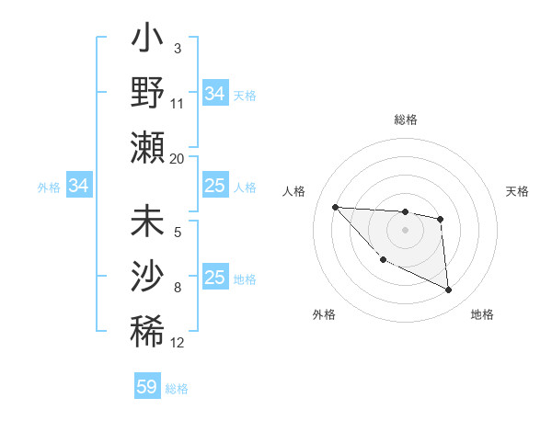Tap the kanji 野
coord(147,94)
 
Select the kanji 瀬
coord(147,148)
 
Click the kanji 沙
coord(147,275)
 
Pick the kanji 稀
coord(147,329)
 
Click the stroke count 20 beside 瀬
coord(178,158)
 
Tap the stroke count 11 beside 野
coord(178,103)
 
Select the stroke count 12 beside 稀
coord(178,343)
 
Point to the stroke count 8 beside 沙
coord(178,288)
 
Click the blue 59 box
coord(146,387)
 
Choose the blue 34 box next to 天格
coord(214,94)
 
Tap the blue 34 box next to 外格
coord(79,186)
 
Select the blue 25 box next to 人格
coord(214,186)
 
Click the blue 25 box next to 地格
coord(214,278)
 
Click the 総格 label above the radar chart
coord(405,119)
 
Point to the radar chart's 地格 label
coord(482,314)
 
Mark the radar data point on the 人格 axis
coord(335,207)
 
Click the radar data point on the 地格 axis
coord(449,290)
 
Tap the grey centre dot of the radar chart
coord(405,230)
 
